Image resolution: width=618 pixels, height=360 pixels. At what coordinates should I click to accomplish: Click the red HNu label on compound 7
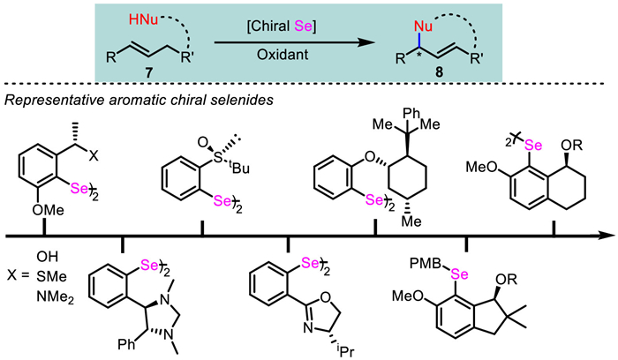tap(143, 19)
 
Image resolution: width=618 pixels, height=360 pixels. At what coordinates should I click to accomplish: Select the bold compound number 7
tap(148, 73)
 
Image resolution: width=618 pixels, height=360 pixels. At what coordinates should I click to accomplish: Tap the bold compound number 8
tap(440, 73)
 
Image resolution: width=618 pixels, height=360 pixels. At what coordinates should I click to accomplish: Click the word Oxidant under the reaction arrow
tap(283, 55)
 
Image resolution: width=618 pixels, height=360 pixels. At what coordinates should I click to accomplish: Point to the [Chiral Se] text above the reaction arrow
tap(282, 26)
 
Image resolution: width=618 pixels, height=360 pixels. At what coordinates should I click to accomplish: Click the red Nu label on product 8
tap(423, 26)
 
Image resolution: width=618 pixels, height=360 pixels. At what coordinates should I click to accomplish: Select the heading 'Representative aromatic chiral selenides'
tap(139, 101)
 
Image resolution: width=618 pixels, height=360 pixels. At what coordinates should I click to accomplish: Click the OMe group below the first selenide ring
tap(48, 210)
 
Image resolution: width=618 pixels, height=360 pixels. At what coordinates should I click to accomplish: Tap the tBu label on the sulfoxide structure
tap(239, 168)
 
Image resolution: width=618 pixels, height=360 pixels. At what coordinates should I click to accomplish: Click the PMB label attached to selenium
tap(424, 264)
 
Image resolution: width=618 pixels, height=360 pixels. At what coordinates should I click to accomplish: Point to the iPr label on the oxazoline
tap(345, 351)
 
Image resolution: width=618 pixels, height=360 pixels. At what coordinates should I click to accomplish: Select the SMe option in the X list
tap(51, 277)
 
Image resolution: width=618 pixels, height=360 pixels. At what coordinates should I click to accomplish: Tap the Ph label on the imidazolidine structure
tap(126, 345)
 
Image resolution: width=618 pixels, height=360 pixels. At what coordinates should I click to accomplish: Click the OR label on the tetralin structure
tap(572, 145)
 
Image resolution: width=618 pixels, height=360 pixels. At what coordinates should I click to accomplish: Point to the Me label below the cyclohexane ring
tap(411, 221)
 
